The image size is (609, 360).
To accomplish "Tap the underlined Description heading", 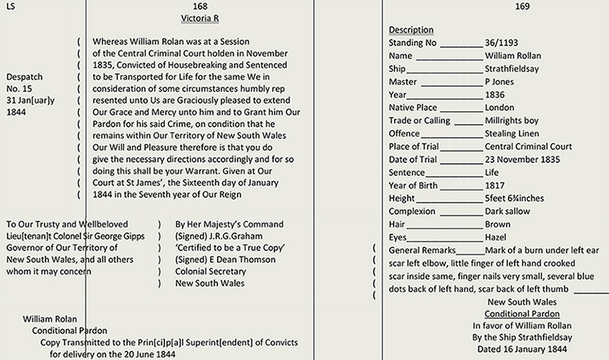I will point(411,30).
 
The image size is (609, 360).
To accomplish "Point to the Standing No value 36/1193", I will point(502,43).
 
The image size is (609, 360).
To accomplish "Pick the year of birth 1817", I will point(495,185).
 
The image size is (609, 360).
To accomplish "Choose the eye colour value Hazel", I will point(496,237).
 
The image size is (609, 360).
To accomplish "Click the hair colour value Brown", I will point(498,225).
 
